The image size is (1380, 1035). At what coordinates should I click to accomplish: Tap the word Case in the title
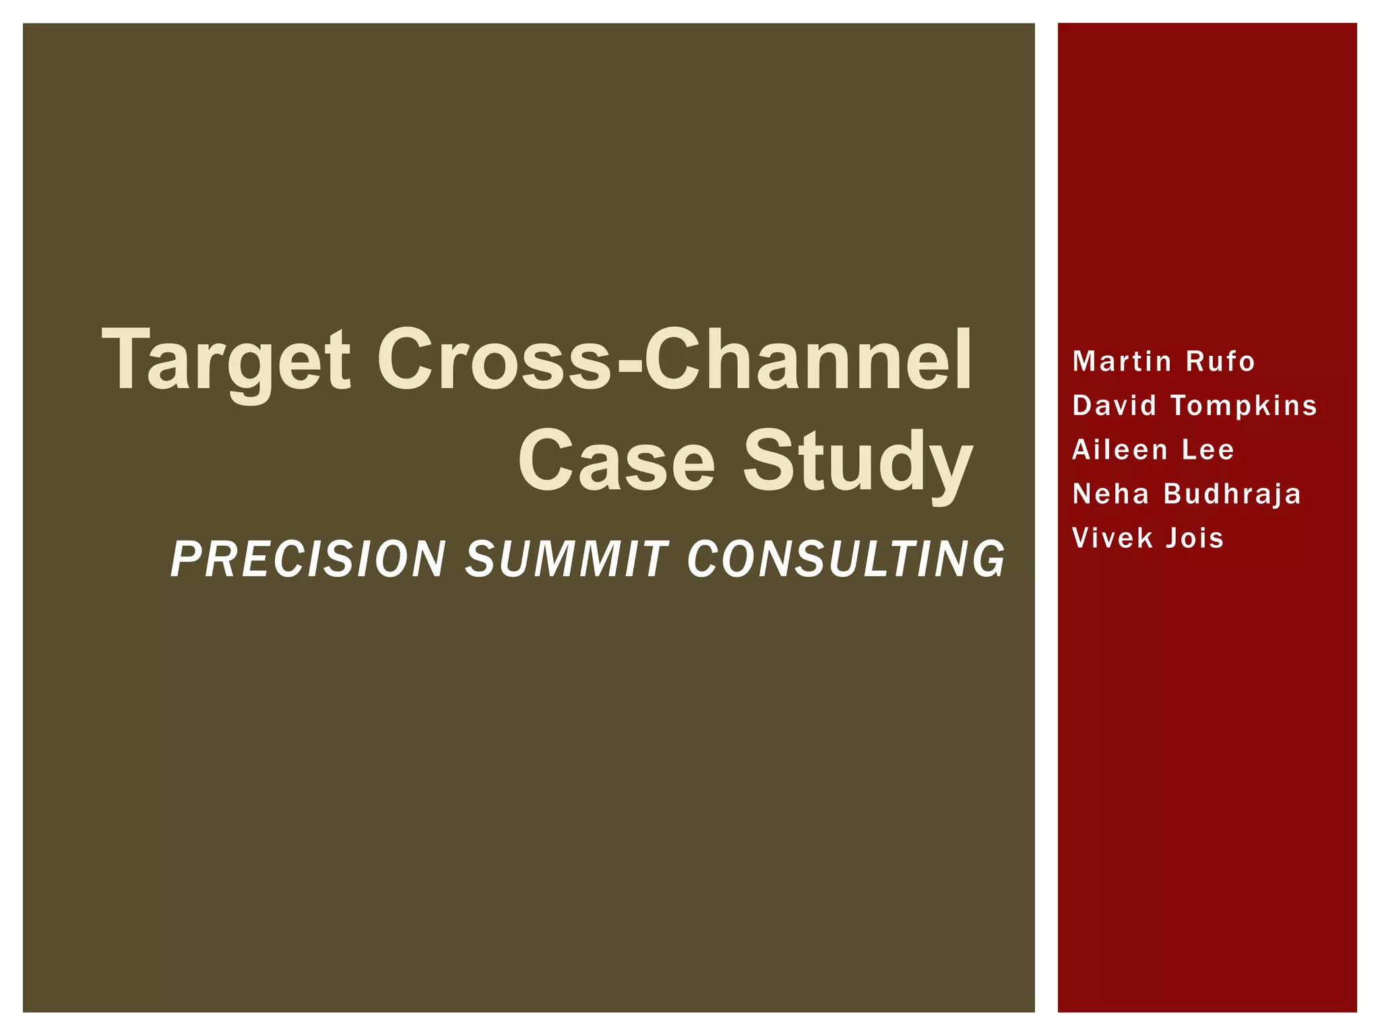pyautogui.click(x=616, y=462)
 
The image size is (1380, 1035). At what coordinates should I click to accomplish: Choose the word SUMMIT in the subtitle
pyautogui.click(x=566, y=559)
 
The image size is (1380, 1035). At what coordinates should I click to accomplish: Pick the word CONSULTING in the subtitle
pyautogui.click(x=846, y=559)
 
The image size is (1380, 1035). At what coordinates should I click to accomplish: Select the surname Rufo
pyautogui.click(x=1220, y=362)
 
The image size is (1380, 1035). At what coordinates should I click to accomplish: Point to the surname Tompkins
pyautogui.click(x=1244, y=406)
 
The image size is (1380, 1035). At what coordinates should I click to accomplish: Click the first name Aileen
pyautogui.click(x=1119, y=449)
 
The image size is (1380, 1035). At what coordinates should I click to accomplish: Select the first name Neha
pyautogui.click(x=1110, y=494)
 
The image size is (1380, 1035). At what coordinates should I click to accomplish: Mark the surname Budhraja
pyautogui.click(x=1232, y=495)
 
